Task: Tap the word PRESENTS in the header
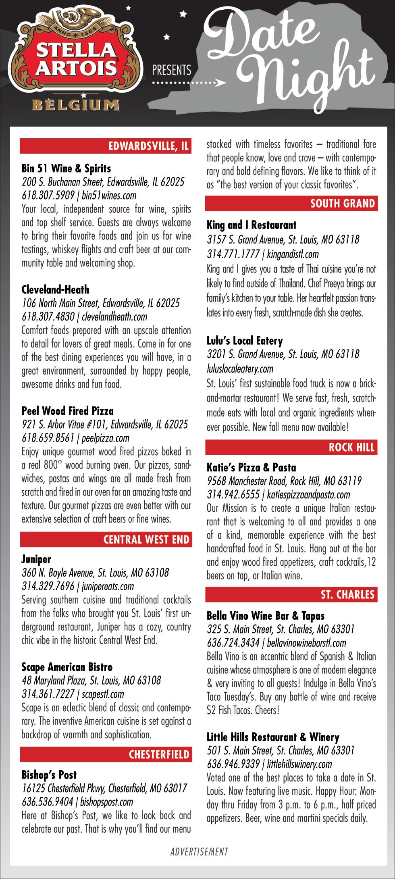[171, 70]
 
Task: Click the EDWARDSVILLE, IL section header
[149, 146]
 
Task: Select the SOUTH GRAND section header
[343, 203]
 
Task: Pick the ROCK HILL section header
[351, 447]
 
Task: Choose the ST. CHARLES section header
[347, 594]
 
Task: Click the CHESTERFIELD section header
[159, 754]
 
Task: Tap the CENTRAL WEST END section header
[146, 539]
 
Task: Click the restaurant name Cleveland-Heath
[55, 290]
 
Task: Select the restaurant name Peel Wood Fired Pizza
[67, 411]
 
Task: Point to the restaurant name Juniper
[36, 559]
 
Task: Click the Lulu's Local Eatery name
[245, 341]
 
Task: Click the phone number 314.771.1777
[233, 254]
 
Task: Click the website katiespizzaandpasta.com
[308, 494]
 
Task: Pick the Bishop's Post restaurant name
[49, 775]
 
